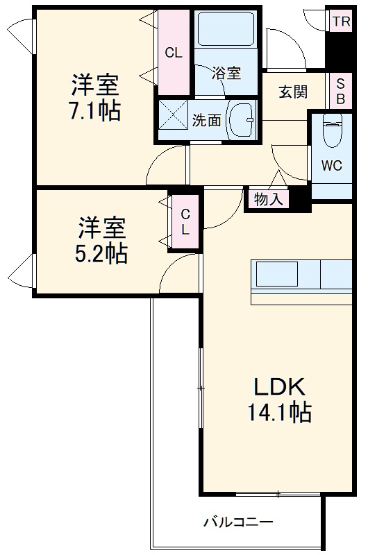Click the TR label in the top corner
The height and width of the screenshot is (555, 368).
(x=340, y=21)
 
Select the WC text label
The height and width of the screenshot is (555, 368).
(x=331, y=166)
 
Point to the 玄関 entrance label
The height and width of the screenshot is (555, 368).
(x=293, y=92)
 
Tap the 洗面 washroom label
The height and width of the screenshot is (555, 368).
(x=206, y=120)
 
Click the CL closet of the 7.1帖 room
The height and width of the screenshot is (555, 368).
(x=173, y=52)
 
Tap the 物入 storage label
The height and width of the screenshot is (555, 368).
(x=268, y=200)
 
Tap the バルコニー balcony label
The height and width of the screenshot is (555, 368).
(x=238, y=522)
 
